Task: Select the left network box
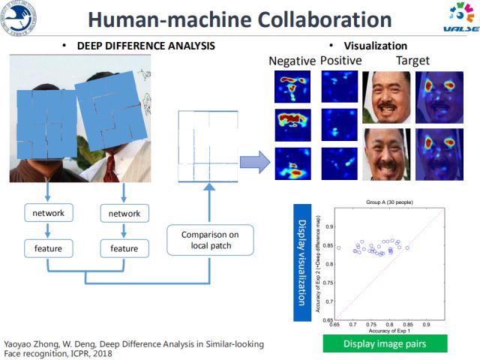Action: click(x=48, y=214)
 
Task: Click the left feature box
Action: click(x=48, y=247)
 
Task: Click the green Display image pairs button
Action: click(x=385, y=343)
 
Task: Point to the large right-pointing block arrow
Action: click(x=255, y=160)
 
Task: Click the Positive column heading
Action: click(x=340, y=60)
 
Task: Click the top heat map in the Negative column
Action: click(x=292, y=87)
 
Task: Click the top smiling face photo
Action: click(x=385, y=97)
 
